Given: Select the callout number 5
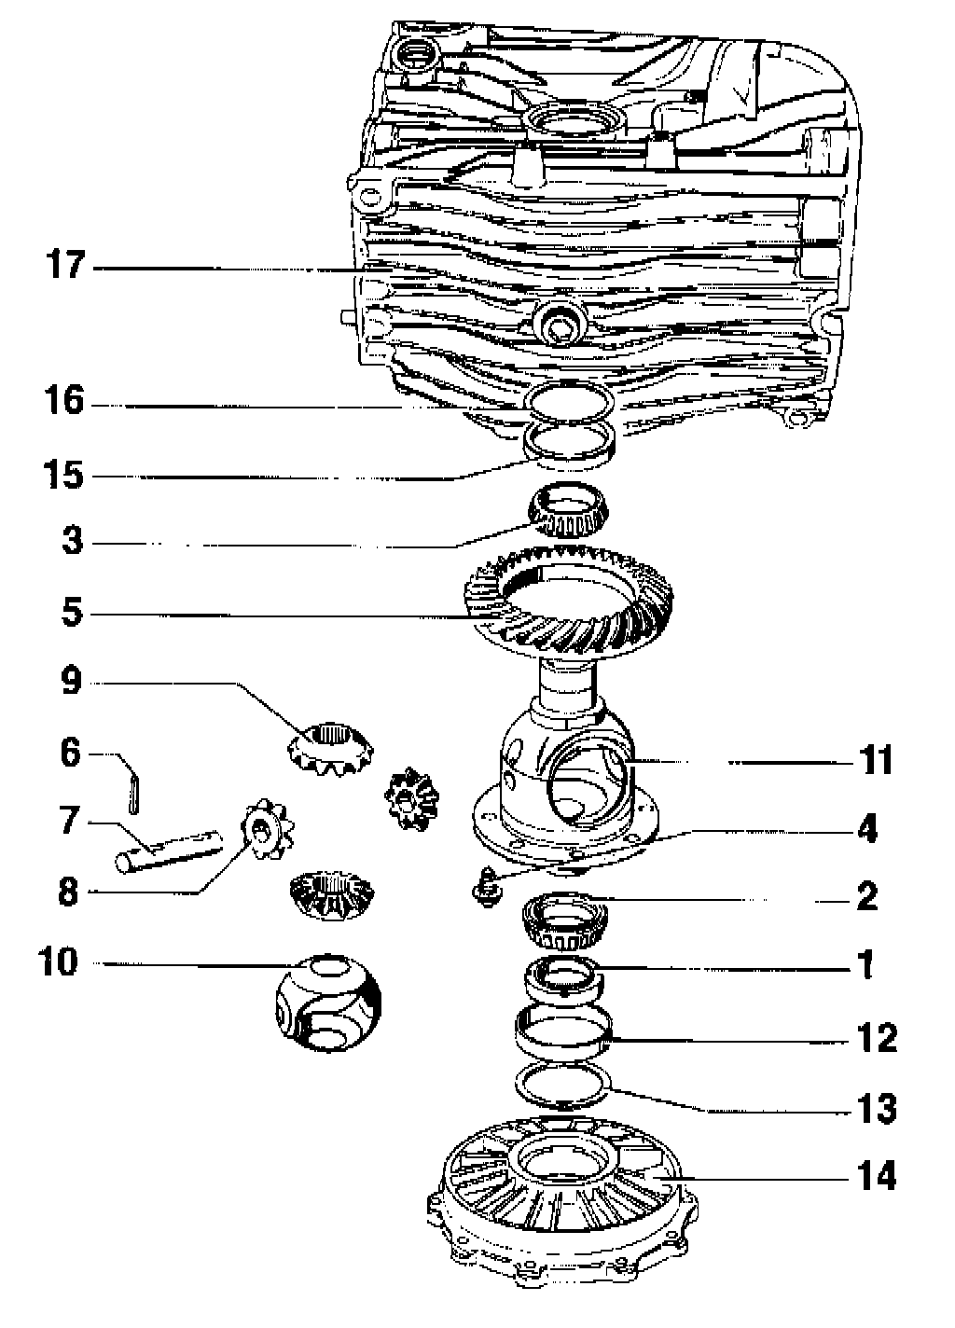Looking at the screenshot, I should coord(73,613).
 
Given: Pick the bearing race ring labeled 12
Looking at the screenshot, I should coord(564,1029).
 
